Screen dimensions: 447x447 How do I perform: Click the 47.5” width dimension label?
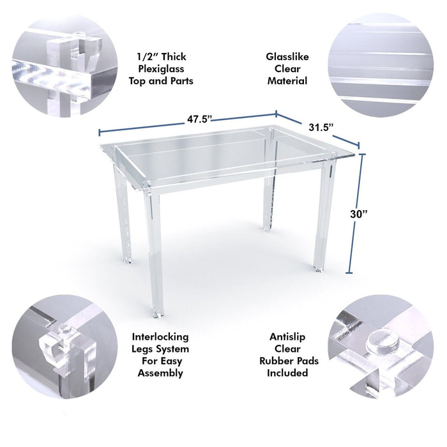199,119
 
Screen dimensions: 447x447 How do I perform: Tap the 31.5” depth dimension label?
321,127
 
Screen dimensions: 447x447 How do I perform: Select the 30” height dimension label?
359,214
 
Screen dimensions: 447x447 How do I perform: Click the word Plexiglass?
161,69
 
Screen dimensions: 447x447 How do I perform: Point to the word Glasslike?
287,57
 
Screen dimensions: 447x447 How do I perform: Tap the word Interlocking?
160,337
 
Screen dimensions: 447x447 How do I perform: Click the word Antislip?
287,337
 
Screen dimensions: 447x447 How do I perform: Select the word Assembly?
160,373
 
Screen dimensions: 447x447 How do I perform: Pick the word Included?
287,373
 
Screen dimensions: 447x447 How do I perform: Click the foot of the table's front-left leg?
158,314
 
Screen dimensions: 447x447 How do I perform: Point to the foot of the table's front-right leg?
319,268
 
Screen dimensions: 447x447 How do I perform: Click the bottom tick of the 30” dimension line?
349,273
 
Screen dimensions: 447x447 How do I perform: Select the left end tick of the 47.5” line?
99,133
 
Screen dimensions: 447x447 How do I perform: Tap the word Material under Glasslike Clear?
287,81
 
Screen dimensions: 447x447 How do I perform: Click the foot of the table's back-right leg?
266,228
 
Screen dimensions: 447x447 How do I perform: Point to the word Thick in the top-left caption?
174,57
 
